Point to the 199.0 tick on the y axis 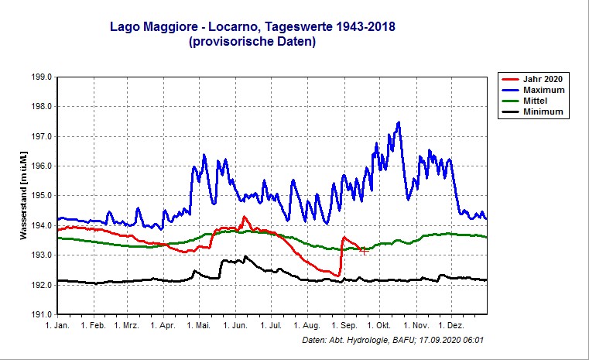(x=41, y=77)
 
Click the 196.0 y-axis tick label (x=41, y=166)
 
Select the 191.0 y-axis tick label (x=41, y=315)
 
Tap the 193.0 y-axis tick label (x=41, y=255)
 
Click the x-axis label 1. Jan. (x=57, y=327)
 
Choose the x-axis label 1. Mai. (x=198, y=327)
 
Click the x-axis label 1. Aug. (x=306, y=327)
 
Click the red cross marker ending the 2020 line (x=363, y=250)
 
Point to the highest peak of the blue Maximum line (x=398, y=122)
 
